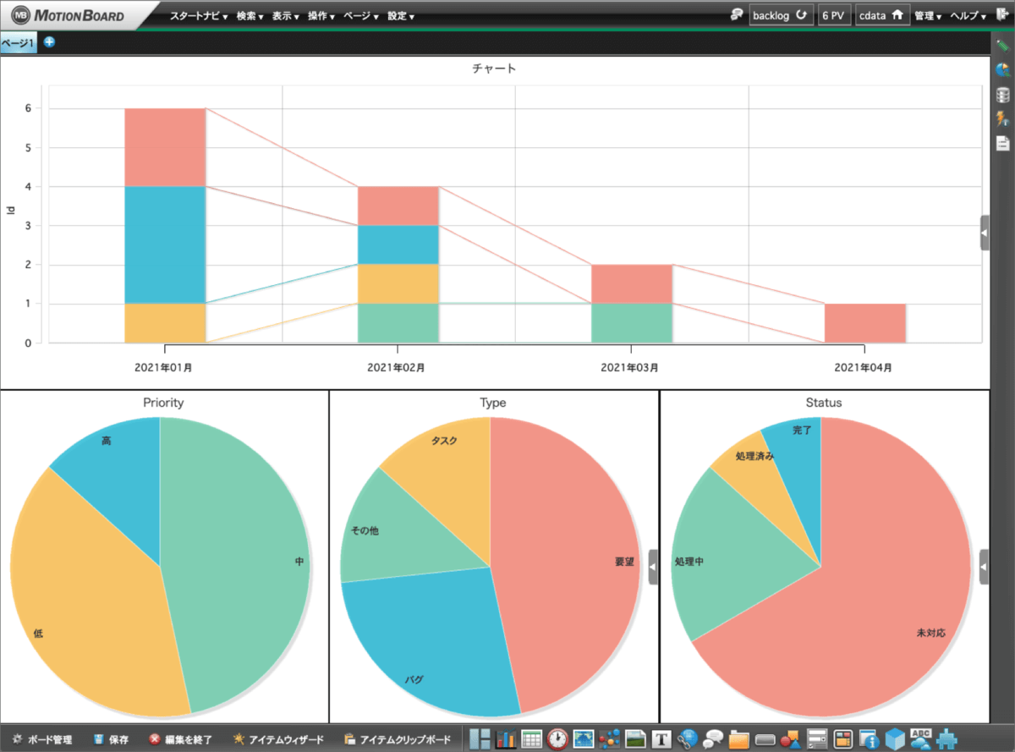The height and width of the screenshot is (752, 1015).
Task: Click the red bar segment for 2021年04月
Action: pyautogui.click(x=864, y=323)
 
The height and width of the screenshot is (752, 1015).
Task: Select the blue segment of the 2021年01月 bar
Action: pyautogui.click(x=165, y=244)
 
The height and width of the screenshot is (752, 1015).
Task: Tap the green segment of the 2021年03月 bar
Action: pyautogui.click(x=631, y=323)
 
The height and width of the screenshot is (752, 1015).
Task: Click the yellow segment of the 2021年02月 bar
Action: pyautogui.click(x=398, y=284)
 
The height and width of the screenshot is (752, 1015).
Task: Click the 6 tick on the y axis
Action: pyautogui.click(x=28, y=108)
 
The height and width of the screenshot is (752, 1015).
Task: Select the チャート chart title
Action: pyautogui.click(x=494, y=69)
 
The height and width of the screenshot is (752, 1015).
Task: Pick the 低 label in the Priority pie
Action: pyautogui.click(x=38, y=633)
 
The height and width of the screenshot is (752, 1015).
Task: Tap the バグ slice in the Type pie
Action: pyautogui.click(x=423, y=643)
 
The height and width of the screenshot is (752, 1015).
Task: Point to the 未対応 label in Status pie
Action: pyautogui.click(x=930, y=633)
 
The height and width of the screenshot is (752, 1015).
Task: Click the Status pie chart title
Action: pyautogui.click(x=824, y=403)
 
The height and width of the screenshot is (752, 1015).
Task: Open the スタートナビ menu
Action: pyautogui.click(x=198, y=16)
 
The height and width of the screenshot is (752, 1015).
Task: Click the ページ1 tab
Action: pyautogui.click(x=18, y=42)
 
